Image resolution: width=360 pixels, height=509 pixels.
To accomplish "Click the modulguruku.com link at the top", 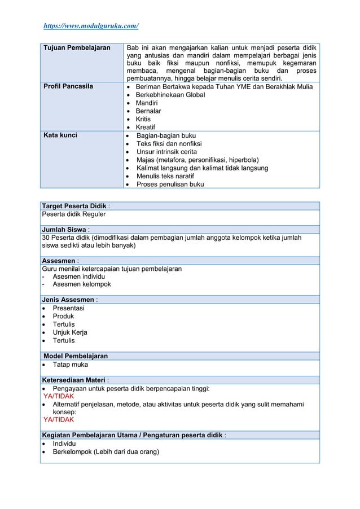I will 91,26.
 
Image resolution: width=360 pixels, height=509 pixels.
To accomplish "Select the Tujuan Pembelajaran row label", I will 76,48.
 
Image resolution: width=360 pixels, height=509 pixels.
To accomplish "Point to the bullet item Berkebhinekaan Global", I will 170,95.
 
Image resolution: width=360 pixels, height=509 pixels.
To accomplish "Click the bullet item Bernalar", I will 148,111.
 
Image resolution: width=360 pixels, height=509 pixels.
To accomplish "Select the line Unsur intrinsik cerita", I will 166,152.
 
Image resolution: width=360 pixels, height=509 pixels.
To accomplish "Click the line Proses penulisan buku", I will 170,184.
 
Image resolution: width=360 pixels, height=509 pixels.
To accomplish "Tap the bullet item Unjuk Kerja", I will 70,332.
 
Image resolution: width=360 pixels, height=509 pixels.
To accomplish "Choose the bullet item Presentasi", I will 68,308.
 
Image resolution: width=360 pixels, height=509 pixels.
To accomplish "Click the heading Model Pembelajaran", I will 75,356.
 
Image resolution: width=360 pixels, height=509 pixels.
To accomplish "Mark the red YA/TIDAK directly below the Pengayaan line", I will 59,396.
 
